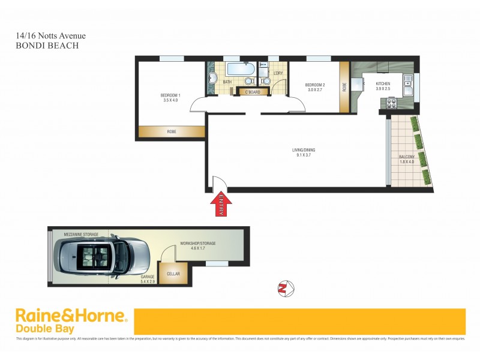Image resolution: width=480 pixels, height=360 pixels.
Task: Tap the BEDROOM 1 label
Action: [x=170, y=95]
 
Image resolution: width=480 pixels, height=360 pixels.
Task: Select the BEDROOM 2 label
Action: [x=314, y=85]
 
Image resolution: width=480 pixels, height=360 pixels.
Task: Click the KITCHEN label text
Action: [x=383, y=83]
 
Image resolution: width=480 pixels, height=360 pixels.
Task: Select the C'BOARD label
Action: [x=252, y=92]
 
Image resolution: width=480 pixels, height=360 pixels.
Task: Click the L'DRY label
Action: [x=278, y=73]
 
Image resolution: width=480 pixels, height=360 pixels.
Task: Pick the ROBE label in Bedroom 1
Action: [x=172, y=131]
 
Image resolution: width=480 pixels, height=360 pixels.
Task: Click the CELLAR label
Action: [x=173, y=273]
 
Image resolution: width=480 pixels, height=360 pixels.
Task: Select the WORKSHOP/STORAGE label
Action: [x=197, y=243]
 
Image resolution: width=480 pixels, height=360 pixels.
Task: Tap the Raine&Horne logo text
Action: [x=71, y=316]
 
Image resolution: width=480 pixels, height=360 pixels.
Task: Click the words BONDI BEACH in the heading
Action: [x=47, y=45]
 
